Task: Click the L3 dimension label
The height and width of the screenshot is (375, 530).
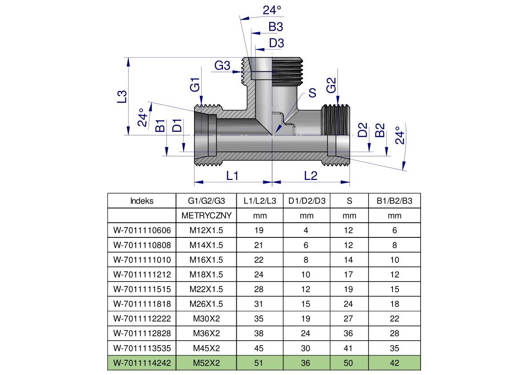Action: tap(122, 97)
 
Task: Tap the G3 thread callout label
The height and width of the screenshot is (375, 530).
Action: tap(223, 66)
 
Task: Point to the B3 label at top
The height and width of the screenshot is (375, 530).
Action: tap(275, 27)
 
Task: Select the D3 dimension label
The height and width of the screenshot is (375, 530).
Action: tap(276, 43)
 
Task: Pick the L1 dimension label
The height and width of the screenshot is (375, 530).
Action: tap(232, 175)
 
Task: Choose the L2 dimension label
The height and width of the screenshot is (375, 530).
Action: tap(311, 175)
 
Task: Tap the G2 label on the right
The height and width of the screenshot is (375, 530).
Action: tap(332, 85)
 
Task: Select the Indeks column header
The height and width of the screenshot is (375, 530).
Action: tap(142, 201)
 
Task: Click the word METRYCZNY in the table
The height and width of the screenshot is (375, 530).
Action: tap(206, 216)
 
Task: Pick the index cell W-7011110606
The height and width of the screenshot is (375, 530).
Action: tap(142, 230)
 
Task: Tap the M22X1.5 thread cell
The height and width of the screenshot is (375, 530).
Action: tap(206, 289)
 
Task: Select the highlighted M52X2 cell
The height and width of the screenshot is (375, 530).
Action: tap(206, 363)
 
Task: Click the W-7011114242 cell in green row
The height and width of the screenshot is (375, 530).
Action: tap(142, 363)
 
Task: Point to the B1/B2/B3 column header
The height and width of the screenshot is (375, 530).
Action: tap(394, 201)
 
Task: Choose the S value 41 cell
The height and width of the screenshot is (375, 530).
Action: tap(349, 348)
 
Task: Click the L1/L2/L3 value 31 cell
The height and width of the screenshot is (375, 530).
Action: tap(259, 304)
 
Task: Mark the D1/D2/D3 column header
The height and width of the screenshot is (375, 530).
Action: tap(307, 201)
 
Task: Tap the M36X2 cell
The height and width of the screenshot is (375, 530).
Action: tap(206, 333)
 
